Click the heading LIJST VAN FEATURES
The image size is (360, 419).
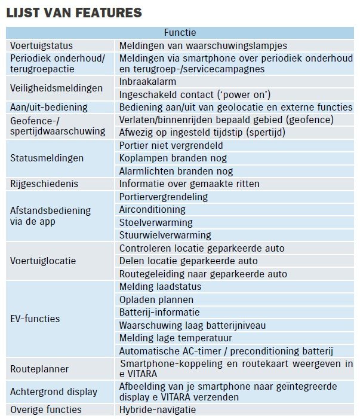coord(74,12)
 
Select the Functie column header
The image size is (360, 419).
coord(180,33)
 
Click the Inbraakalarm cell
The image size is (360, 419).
coord(147,81)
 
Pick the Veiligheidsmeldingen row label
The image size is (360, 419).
coord(57,88)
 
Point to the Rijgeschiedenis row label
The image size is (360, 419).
coord(44,184)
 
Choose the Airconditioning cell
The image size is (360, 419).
coord(152,210)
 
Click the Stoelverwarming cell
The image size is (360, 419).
coord(152,222)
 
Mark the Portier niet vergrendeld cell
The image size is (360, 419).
coord(170,146)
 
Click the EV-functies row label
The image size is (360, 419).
coord(35,319)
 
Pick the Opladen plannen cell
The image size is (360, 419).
coord(156,299)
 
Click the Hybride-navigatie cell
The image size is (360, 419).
coord(157,409)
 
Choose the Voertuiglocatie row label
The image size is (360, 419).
coord(43,261)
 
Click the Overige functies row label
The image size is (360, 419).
coord(46,409)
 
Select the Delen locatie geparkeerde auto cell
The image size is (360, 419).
coord(189,261)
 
